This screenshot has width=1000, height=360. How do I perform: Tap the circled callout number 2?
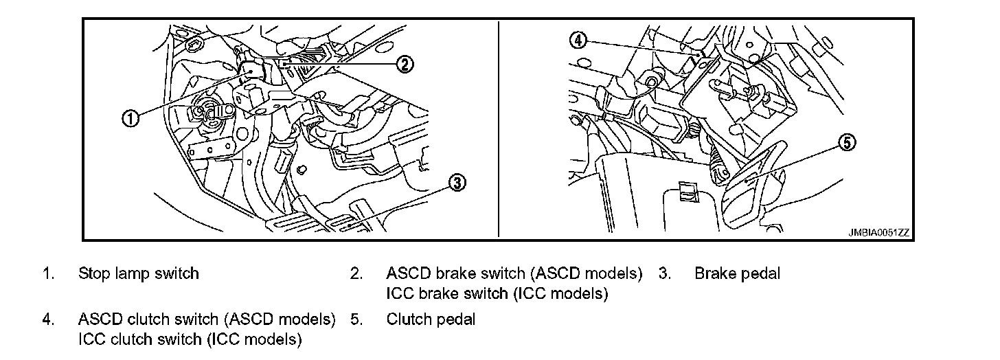point(405,65)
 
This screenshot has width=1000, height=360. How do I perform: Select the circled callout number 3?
point(457,182)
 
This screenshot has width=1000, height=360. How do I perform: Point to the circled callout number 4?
point(578,41)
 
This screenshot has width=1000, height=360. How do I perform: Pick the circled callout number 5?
point(848,142)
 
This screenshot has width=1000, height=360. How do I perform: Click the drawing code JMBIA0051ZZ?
point(878,232)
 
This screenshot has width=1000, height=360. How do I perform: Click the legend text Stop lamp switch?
point(139,273)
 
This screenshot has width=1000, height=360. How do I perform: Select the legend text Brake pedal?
point(737,273)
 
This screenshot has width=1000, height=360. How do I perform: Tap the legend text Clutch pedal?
point(431,319)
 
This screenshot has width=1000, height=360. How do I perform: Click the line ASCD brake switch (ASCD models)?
point(514,273)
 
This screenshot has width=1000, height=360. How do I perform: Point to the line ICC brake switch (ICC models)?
point(497,294)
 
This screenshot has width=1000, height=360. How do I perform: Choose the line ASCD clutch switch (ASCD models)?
point(207,319)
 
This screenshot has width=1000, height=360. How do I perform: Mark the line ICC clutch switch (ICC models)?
point(190,339)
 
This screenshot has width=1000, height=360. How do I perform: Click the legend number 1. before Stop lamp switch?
point(47,273)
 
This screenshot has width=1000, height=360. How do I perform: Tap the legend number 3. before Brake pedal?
point(664,273)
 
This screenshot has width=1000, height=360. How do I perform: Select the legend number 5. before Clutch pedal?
point(356,319)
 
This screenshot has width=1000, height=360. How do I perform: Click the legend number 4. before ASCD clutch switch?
point(47,319)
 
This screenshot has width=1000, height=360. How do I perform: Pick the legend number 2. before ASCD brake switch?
point(356,273)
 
